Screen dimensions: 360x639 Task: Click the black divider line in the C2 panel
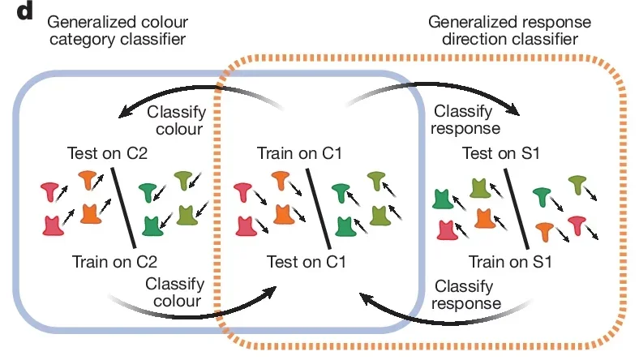[x=122, y=208]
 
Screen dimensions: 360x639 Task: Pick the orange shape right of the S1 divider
[x=546, y=231]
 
